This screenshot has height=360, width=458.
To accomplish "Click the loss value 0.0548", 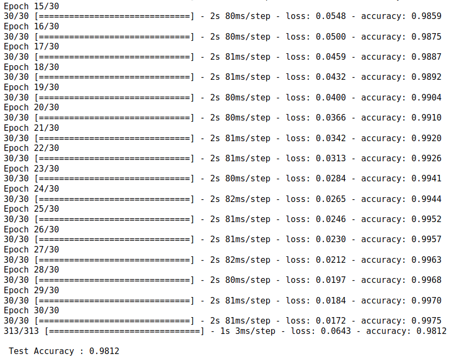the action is [x=331, y=16].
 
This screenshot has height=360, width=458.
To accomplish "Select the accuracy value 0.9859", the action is [x=426, y=16].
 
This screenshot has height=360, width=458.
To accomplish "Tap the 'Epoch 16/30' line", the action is [x=32, y=26].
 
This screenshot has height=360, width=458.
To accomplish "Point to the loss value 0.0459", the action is [x=331, y=57].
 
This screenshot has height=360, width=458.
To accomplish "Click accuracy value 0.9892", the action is [x=426, y=77].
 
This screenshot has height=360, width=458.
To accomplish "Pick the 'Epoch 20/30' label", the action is [x=32, y=108].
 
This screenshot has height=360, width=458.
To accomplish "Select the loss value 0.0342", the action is [x=331, y=138].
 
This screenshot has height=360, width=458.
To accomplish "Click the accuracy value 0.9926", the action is [x=426, y=159].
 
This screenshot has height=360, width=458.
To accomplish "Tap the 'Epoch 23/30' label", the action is [x=32, y=168].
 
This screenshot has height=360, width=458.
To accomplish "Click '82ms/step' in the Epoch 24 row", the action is [x=248, y=199].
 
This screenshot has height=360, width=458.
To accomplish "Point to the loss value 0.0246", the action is [x=331, y=219].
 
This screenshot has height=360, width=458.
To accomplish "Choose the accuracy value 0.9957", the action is [x=426, y=239].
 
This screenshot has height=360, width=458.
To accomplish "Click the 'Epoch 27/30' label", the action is [x=32, y=250].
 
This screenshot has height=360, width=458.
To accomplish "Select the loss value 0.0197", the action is [x=331, y=280].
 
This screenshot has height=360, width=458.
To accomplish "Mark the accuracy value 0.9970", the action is [x=426, y=300].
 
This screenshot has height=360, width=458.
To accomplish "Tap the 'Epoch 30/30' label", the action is [x=32, y=311].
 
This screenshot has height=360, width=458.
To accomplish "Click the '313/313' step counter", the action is [x=22, y=331].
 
